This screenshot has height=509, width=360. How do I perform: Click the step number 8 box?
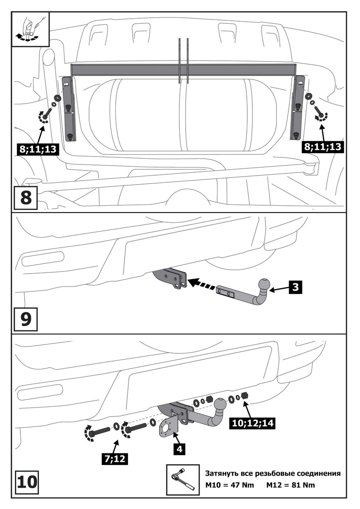[x=25, y=197]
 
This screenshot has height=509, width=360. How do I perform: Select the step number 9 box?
[x=25, y=319]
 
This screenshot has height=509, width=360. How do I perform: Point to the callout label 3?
[x=296, y=287]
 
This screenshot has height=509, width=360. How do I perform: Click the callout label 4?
[x=179, y=448]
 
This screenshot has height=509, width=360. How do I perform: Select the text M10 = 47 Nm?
[x=229, y=485]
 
